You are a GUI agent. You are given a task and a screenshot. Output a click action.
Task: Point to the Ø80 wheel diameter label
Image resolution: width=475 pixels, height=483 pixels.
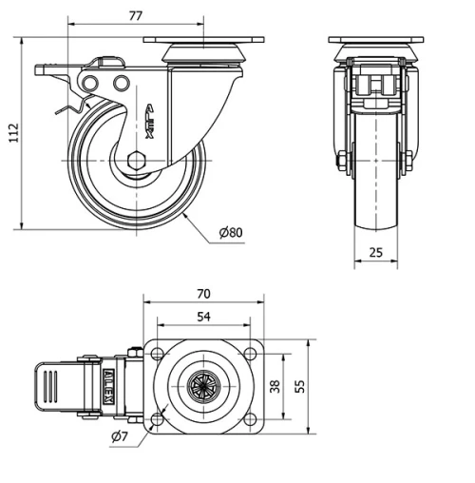point(231,233)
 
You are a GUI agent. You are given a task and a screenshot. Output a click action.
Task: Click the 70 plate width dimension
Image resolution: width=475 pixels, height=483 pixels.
point(202,293)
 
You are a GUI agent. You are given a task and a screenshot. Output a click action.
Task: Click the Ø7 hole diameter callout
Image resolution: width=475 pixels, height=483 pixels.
point(120,436)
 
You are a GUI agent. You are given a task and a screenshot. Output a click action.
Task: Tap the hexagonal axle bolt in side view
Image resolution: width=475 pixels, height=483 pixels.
point(136,159)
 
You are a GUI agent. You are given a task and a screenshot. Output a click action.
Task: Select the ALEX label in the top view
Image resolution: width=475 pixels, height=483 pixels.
point(109,387)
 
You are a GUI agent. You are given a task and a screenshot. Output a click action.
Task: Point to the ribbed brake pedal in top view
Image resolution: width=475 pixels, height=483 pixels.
point(52,388)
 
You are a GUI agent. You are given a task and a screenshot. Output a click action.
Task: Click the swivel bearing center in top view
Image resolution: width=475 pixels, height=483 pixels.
point(203,386)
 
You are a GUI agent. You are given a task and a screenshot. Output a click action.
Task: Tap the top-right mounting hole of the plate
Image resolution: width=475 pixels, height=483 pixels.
point(248,354)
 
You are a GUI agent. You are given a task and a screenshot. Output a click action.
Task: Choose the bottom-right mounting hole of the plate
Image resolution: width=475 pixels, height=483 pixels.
point(248,418)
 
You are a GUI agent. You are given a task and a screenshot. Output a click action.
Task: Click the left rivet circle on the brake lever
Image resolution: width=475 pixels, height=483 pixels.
point(90,86)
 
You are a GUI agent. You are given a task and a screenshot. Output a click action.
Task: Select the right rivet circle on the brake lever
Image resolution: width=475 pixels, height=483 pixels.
point(121,86)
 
